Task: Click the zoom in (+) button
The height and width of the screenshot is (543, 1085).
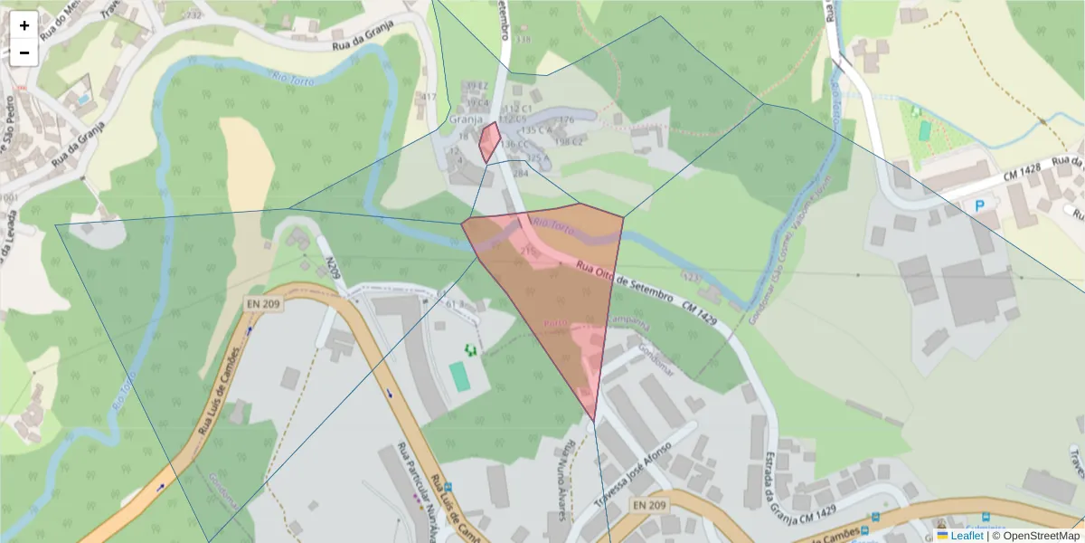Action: [x=24, y=25]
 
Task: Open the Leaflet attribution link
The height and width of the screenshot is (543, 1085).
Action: [x=966, y=536]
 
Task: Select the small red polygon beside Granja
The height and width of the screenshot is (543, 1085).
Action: [x=489, y=142]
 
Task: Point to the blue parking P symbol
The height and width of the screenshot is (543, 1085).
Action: [x=979, y=206]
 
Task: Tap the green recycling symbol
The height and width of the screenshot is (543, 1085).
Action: [x=469, y=348]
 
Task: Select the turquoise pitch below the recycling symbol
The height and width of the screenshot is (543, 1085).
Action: [x=461, y=376]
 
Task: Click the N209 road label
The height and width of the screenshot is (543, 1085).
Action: [x=334, y=271]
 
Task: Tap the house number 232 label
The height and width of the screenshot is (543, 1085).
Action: [x=193, y=15]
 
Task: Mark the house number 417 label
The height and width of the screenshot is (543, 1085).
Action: [x=429, y=97]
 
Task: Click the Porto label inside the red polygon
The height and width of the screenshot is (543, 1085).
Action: [x=555, y=323]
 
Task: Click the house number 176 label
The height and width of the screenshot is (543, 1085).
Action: [x=567, y=119]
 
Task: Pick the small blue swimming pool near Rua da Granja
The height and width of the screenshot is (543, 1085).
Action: [x=83, y=98]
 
